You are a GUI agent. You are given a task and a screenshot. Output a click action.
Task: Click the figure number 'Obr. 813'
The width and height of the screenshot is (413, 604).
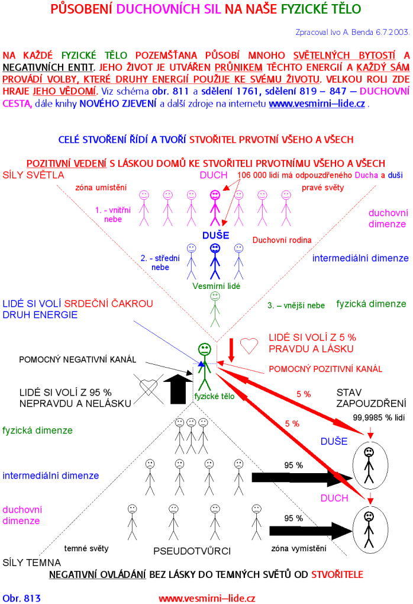pyautogui.click(x=22, y=598)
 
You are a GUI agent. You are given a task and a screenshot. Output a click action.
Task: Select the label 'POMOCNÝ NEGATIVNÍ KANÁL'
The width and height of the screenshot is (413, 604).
pyautogui.click(x=78, y=359)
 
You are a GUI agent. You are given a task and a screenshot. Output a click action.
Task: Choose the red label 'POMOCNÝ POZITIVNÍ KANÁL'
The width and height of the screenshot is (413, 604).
pyautogui.click(x=325, y=369)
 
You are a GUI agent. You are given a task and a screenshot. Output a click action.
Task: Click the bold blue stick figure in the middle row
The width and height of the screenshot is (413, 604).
pyautogui.click(x=214, y=261)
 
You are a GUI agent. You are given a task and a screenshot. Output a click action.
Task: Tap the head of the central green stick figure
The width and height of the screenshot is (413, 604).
pyautogui.click(x=204, y=348)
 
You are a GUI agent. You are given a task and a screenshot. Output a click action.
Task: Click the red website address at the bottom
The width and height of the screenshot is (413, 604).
pyautogui.click(x=206, y=598)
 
